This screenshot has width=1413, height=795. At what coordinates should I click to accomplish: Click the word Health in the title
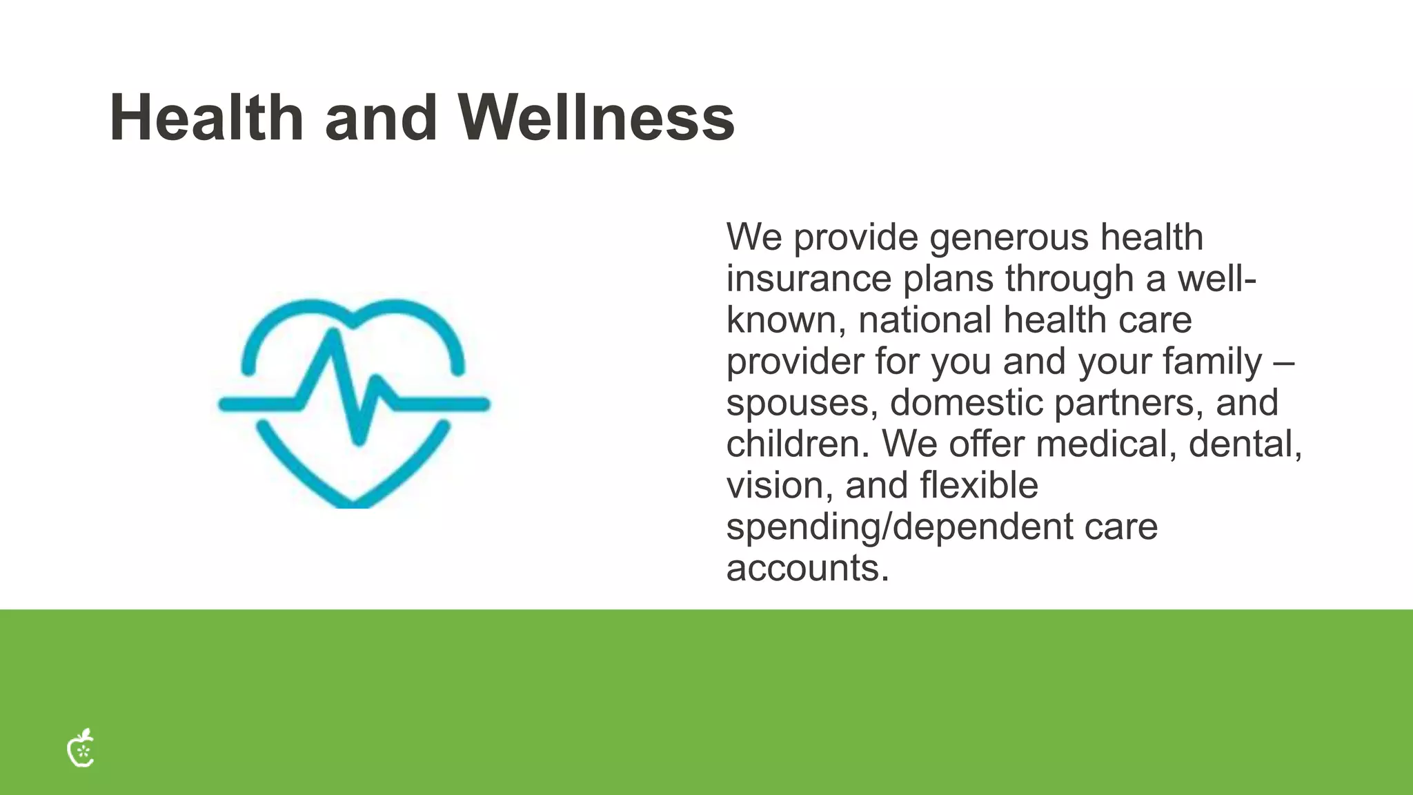point(206,118)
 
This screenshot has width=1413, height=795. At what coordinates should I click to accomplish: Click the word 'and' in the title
point(381,118)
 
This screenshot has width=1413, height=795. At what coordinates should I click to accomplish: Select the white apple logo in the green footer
point(81,748)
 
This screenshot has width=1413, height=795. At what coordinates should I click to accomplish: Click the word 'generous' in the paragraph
point(1009,239)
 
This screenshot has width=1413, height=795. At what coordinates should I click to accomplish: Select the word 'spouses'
point(800,403)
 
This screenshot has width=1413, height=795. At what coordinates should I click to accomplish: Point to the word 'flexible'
point(979,485)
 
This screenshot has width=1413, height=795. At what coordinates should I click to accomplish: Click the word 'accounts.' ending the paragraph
point(807,568)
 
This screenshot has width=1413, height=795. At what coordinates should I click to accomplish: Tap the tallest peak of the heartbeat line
point(335,335)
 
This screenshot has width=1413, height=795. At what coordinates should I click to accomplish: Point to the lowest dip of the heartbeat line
point(358,439)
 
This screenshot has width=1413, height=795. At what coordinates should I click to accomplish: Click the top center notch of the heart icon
point(353,322)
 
